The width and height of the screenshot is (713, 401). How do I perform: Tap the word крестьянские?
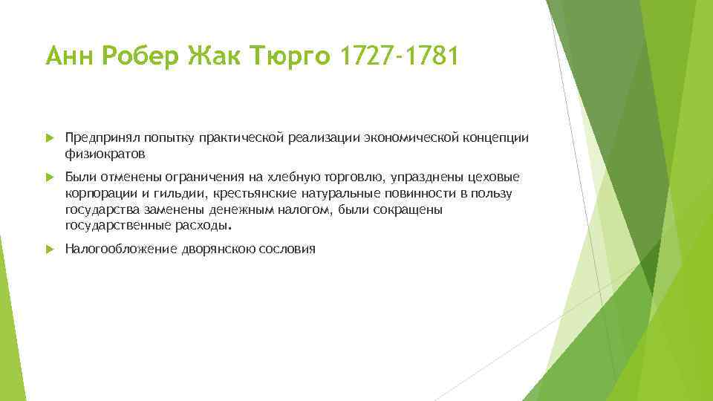254,193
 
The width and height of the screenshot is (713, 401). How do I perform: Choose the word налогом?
305,209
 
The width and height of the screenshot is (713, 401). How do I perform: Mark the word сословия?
287,249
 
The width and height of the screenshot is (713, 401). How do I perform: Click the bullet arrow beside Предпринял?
49,138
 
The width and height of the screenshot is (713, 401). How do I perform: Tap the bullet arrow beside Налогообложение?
49,249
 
